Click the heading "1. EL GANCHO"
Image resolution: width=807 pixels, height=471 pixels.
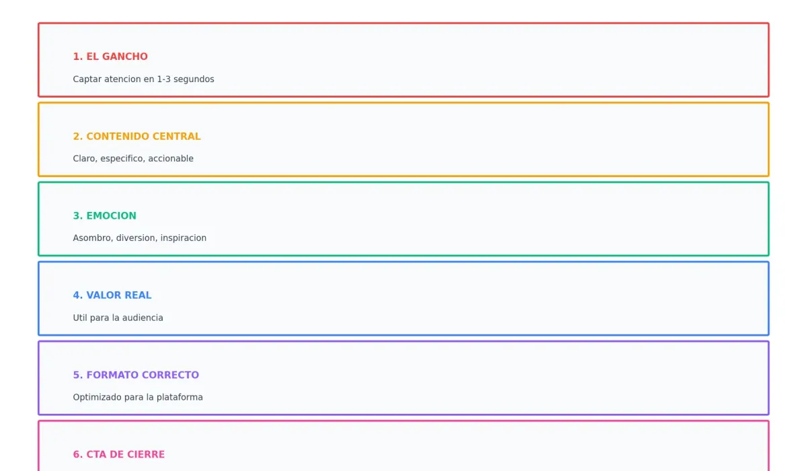click(x=110, y=57)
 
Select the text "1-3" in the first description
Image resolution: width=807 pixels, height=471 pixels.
click(x=163, y=79)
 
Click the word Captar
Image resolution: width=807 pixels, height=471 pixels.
click(x=87, y=79)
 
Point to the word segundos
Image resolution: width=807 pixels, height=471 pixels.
click(x=194, y=79)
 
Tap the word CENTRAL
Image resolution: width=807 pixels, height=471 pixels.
click(x=176, y=136)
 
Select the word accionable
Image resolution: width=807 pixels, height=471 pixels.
click(x=171, y=159)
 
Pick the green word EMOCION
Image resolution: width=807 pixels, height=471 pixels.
click(x=112, y=216)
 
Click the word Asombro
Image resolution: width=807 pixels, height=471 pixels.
click(x=93, y=238)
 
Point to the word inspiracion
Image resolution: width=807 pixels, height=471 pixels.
click(x=184, y=238)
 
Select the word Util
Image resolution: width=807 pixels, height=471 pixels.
click(x=80, y=318)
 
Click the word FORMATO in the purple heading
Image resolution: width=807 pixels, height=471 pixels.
click(x=112, y=375)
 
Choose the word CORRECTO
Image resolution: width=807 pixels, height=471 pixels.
click(x=170, y=375)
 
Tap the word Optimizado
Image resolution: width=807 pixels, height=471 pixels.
click(x=98, y=398)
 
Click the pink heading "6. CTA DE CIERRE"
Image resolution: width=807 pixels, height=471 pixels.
click(x=119, y=454)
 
